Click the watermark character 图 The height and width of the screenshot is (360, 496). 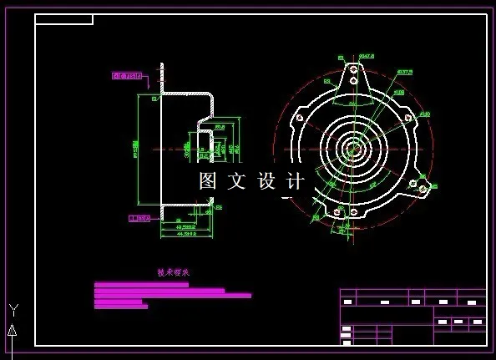208,180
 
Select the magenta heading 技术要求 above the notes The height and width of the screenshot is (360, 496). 174,272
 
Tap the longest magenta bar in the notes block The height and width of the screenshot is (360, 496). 173,295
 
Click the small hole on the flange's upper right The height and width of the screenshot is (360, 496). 407,118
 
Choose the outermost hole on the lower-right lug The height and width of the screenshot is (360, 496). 423,189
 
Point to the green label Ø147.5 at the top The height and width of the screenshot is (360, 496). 366,56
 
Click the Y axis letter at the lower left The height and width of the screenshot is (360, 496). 13,310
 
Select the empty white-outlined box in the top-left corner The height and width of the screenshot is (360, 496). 63,19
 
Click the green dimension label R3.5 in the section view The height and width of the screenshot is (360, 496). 220,127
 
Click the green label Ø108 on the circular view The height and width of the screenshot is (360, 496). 398,92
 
